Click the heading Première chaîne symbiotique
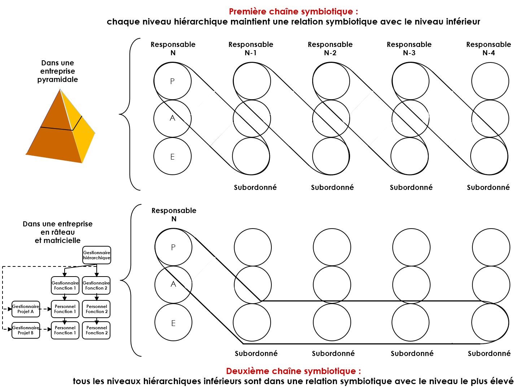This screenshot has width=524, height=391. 293,12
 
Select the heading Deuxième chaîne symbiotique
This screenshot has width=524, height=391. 293,371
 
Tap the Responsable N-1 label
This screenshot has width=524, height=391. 251,48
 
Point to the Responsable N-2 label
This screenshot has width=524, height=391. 330,48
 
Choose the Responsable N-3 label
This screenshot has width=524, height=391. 409,48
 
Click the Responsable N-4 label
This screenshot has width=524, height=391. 489,48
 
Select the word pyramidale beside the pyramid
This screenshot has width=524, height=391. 57,79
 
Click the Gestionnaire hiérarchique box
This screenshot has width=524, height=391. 97,255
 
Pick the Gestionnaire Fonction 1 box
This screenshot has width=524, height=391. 65,286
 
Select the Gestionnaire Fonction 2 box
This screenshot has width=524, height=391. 96,286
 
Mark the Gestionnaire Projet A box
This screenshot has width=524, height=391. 26,309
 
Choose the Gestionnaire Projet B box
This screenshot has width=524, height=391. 26,330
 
